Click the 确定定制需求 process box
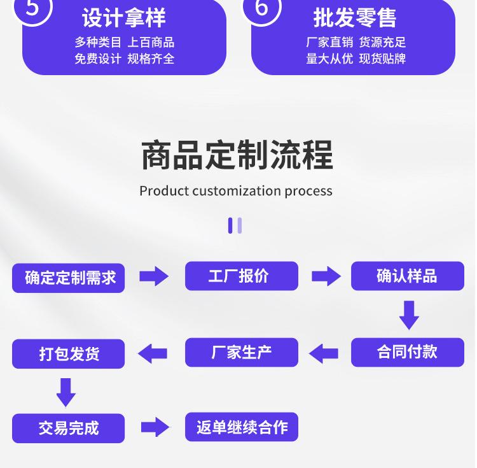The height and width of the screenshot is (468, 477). pos(69,278)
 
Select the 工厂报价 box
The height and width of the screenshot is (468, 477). pos(242,276)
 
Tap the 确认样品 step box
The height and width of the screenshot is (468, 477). pos(408,276)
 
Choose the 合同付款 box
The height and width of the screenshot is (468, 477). pos(408,352)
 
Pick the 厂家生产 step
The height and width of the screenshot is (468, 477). pos(242,352)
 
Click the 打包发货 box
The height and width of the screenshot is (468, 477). pos(69,354)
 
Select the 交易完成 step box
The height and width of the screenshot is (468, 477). pos(69,428)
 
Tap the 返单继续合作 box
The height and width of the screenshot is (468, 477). pos(242,427)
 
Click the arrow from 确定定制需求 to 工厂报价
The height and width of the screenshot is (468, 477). pos(154,276)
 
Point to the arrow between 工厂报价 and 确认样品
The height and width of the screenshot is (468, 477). pos(326,276)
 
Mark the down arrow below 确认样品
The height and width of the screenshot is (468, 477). pos(409,315)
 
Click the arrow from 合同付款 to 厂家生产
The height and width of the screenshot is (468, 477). pos(323,353)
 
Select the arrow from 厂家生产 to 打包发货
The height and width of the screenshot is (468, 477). pos(153,353)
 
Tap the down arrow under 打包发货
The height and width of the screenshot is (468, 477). pos(66,392)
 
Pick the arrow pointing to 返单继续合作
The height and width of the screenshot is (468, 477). pos(155,427)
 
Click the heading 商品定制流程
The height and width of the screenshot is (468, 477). pos(237,155)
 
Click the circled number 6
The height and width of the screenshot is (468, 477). pos(261,8)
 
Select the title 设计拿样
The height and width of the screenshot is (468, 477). pos(124,18)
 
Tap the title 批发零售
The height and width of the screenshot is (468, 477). pos(355,18)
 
